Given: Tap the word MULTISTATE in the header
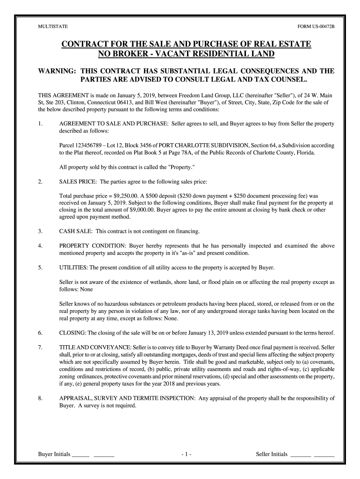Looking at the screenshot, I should pyautogui.click(x=51, y=27).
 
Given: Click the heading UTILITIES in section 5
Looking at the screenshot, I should pyautogui.click(x=73, y=268).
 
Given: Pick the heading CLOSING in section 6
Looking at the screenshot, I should pyautogui.click(x=72, y=333).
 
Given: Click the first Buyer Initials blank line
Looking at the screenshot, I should pyautogui.click(x=81, y=455).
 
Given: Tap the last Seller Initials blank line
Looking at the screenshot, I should pyautogui.click(x=324, y=455).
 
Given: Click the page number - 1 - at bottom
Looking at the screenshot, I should pyautogui.click(x=186, y=454).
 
